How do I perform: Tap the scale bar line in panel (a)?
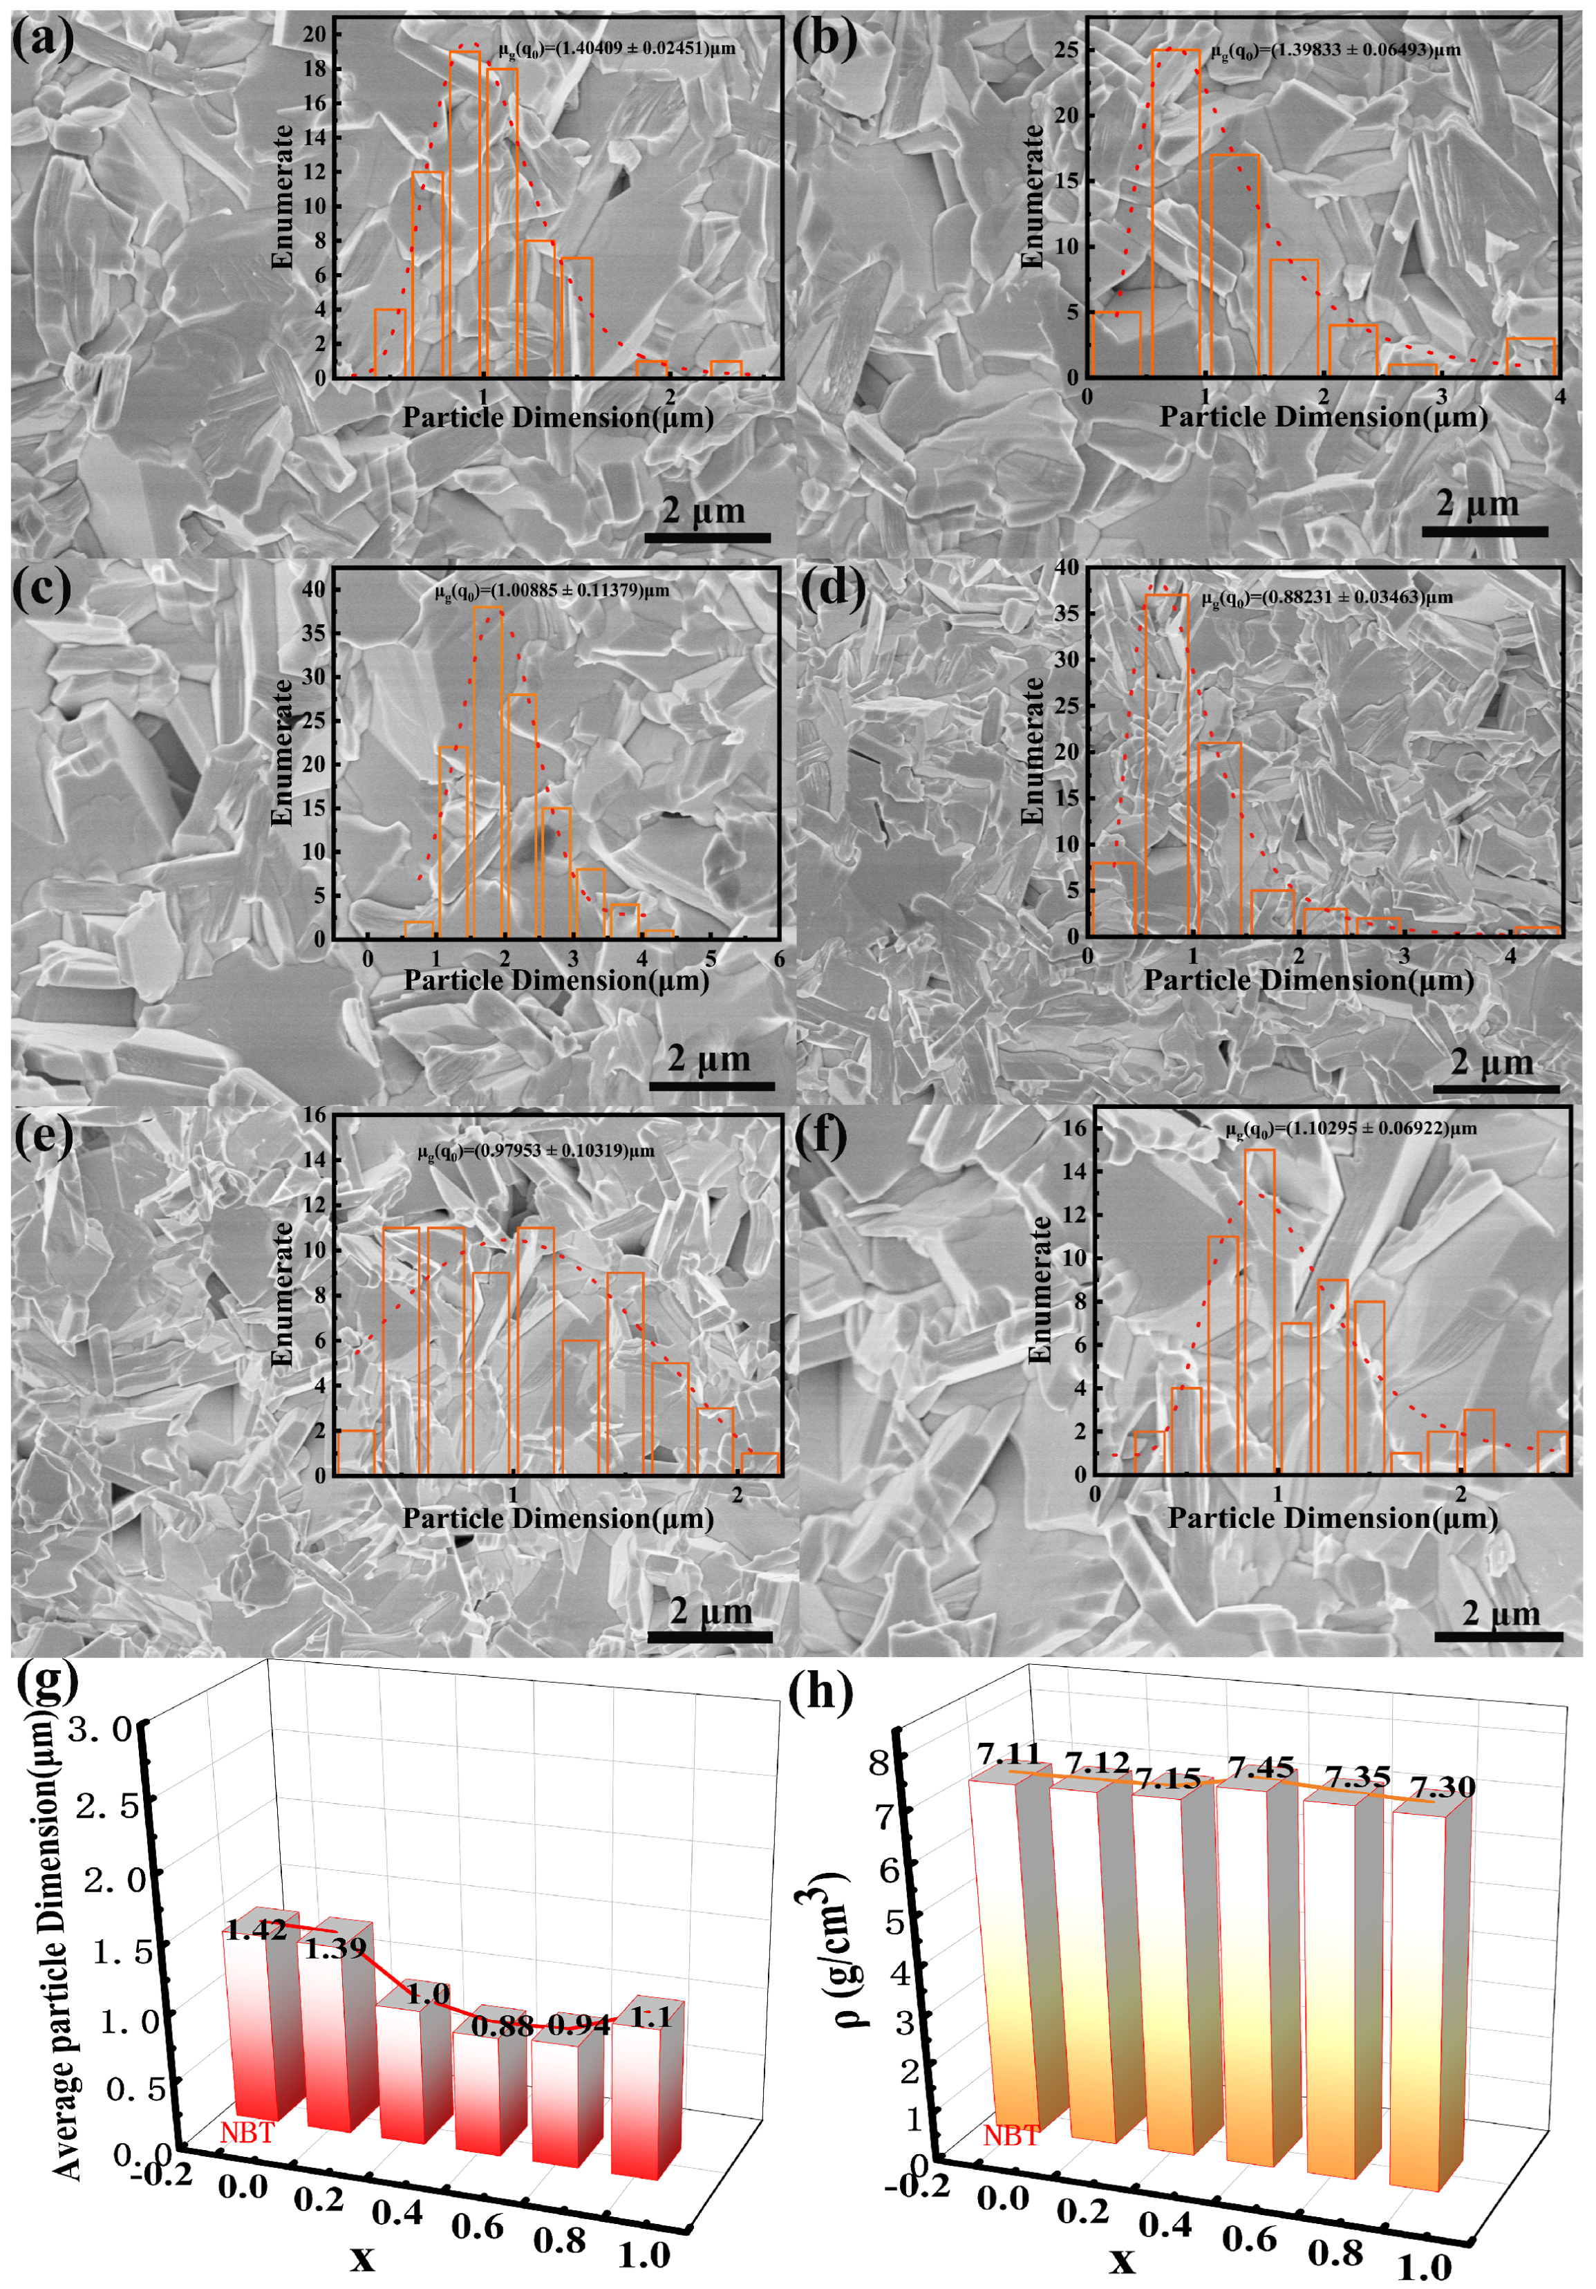(707, 537)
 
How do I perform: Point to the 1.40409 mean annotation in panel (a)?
(617, 48)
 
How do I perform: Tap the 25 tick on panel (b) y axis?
(1066, 49)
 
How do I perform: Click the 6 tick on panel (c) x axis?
(778, 959)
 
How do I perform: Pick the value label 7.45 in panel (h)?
(1260, 1768)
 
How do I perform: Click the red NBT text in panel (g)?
(247, 2133)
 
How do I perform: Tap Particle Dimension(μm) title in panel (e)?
(558, 1518)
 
